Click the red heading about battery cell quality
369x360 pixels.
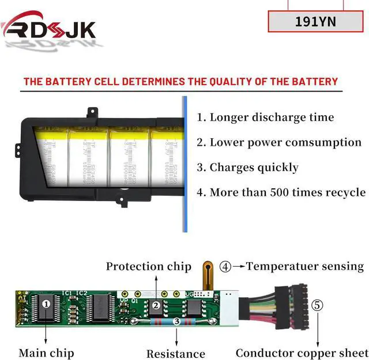point(180,81)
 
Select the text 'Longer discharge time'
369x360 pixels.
point(272,118)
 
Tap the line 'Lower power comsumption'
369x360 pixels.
point(285,142)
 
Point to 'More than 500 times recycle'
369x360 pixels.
point(287,192)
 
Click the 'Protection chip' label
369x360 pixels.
point(148,266)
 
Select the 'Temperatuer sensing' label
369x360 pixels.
point(305,266)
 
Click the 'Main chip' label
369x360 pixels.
point(45,353)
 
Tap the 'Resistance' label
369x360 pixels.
point(175,354)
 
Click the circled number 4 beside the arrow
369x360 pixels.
point(225,267)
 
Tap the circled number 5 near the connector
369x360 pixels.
point(318,305)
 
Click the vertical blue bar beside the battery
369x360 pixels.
point(184,164)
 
